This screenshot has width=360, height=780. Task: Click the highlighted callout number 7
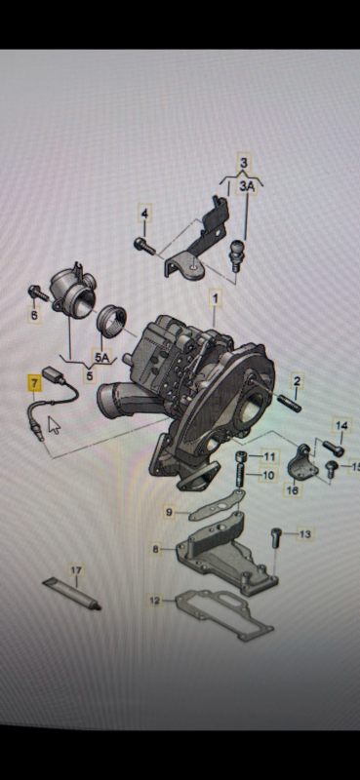click(x=34, y=384)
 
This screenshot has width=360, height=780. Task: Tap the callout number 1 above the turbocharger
click(x=215, y=299)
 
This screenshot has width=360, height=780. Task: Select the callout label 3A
click(x=247, y=186)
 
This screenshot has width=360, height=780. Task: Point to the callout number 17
click(x=76, y=570)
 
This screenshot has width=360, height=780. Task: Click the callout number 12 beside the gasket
click(x=155, y=601)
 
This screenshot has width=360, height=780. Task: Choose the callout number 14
click(x=341, y=426)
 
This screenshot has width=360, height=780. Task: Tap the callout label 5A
click(x=102, y=356)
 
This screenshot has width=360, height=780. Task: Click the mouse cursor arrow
click(x=55, y=426)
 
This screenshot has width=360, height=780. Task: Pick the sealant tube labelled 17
click(x=71, y=594)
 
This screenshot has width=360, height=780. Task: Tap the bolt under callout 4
click(x=144, y=246)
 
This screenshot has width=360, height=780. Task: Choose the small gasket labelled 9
click(x=216, y=504)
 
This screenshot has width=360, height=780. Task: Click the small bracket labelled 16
click(x=302, y=464)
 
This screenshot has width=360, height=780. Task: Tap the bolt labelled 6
click(x=39, y=293)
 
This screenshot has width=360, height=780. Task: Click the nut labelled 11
click(x=242, y=456)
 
